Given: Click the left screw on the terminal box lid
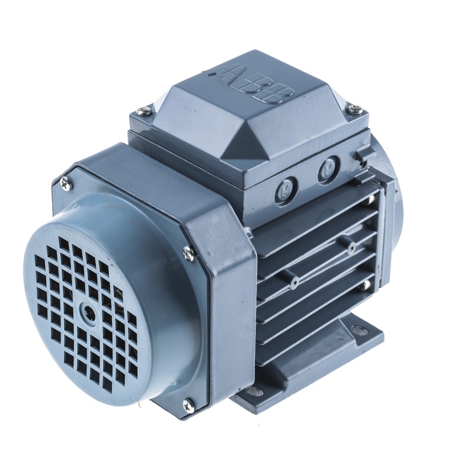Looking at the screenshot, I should point(142,110).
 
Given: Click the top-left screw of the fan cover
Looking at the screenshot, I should point(65,181).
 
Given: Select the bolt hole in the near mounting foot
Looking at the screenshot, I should point(260,392).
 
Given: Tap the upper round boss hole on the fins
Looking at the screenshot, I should point(351,246).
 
